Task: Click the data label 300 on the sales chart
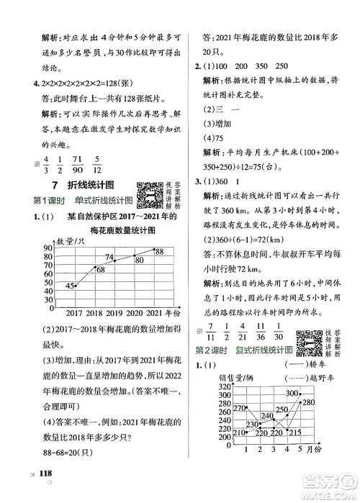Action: [292, 393]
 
